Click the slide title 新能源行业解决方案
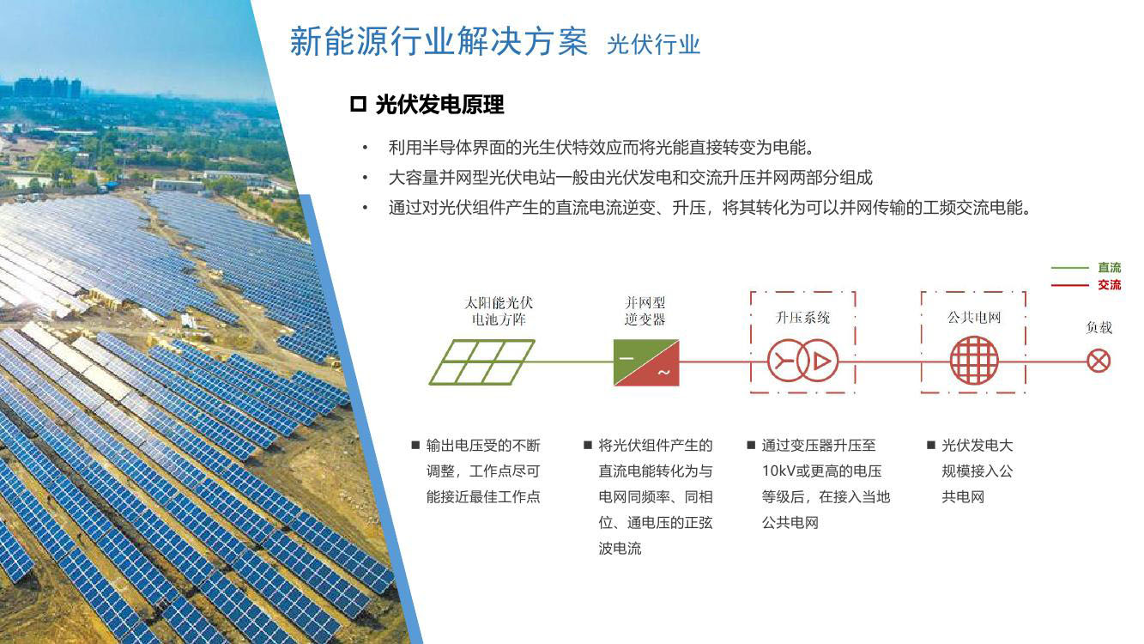tap(439, 41)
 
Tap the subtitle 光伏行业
tap(653, 45)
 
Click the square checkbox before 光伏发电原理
tap(359, 104)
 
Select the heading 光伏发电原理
tap(439, 105)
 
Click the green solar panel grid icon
tap(481, 361)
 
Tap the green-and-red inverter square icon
tap(646, 362)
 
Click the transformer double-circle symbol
tap(802, 361)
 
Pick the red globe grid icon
tap(974, 361)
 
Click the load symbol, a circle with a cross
tap(1099, 361)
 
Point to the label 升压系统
tap(802, 318)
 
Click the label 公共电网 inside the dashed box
tap(974, 318)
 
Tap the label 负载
tap(1099, 327)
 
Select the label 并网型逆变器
tap(645, 311)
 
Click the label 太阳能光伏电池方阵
tap(499, 311)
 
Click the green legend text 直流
tap(1110, 267)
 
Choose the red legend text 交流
tap(1110, 285)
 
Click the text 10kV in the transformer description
tap(779, 471)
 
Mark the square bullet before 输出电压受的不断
tap(415, 445)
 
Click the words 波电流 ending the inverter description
tap(620, 549)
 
